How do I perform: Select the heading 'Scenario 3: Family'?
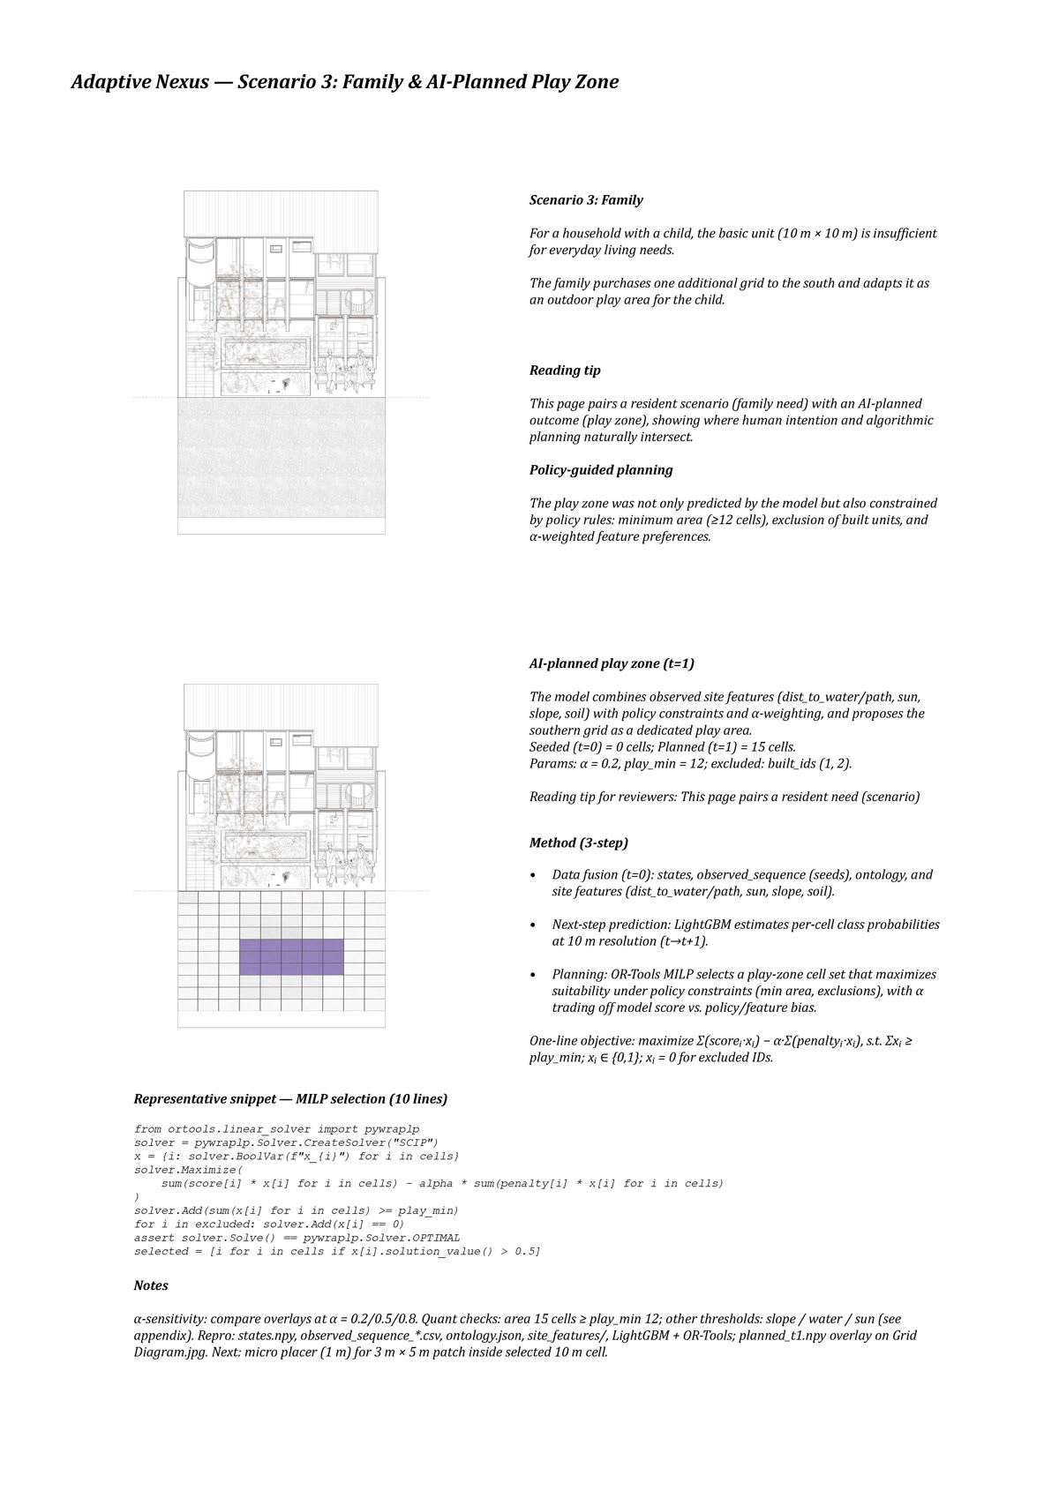(x=586, y=200)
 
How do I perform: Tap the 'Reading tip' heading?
(x=565, y=371)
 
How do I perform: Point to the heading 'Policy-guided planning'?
(x=601, y=470)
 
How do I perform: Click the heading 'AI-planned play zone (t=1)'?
(x=612, y=663)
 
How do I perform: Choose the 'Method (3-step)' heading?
(x=579, y=843)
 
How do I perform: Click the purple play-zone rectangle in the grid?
(x=292, y=956)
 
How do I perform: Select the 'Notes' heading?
(x=151, y=1285)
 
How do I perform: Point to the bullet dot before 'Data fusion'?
(x=532, y=875)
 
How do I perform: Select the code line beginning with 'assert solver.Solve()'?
(x=297, y=1238)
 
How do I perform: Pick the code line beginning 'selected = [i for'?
(x=337, y=1251)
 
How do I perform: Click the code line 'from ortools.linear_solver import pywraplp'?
(x=276, y=1129)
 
